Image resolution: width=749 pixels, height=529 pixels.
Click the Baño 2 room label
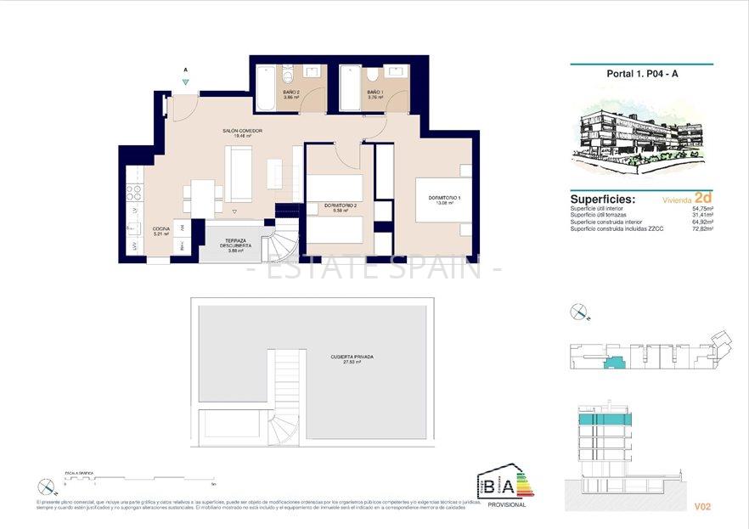291,94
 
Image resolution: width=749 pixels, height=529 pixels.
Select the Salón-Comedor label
242,132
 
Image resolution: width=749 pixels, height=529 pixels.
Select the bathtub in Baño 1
351,87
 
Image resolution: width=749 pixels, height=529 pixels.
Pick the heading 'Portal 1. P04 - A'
642,74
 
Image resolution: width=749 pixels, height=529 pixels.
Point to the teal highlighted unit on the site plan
611,363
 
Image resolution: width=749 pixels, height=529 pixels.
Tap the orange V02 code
701,507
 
